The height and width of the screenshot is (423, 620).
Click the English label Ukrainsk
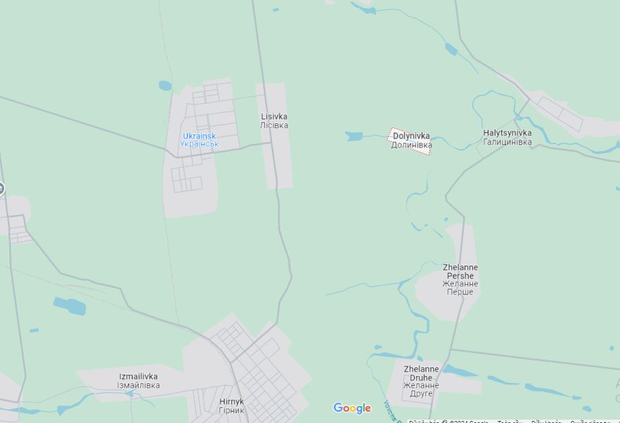pos(199,136)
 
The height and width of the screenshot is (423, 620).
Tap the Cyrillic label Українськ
pos(199,144)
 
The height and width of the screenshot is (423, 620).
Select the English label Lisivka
pos(274,117)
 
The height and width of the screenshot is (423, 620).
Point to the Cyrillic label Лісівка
pos(274,125)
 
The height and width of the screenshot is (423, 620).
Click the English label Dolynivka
pos(411,136)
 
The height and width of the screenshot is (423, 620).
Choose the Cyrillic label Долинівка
pos(411,145)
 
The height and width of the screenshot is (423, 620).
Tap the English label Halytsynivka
pos(507,133)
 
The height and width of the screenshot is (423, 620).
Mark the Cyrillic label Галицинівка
pos(507,142)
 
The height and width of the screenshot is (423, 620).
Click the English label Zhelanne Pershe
pos(460,271)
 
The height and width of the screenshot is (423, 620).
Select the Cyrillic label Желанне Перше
pos(460,288)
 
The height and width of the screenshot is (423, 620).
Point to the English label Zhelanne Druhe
pos(421,373)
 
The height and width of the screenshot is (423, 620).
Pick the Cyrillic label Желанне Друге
pos(421,389)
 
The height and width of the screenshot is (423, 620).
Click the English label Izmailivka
pos(139,377)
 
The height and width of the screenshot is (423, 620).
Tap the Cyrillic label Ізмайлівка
pos(139,385)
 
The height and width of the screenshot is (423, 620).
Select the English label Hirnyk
pos(232,401)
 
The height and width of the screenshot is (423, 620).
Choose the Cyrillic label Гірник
pos(232,410)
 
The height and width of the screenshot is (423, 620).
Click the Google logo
pos(352,408)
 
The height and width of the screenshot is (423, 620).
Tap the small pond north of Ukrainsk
pos(165,86)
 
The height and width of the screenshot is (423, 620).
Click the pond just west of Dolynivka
pos(354,137)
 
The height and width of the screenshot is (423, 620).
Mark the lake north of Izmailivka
pos(70,306)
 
